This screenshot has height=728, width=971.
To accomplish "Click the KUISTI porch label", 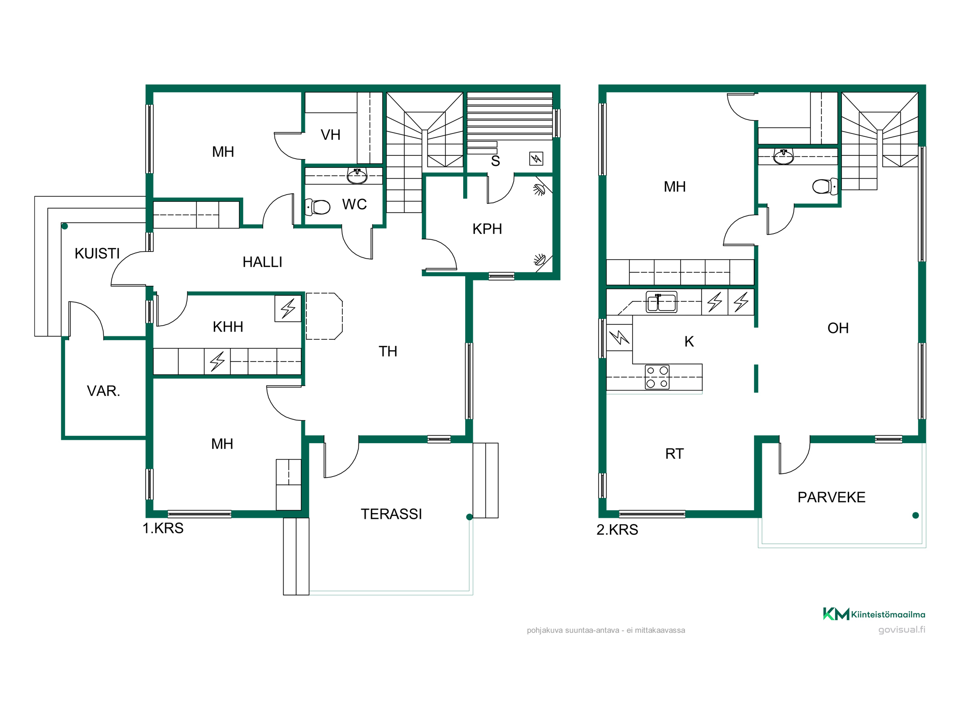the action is coord(97,253).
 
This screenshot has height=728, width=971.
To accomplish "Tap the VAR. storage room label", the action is coord(103,391).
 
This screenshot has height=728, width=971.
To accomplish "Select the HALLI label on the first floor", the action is coord(262,262).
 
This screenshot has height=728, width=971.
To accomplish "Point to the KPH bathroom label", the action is coord(487,229).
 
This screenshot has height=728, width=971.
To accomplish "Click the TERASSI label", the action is coord(391,514).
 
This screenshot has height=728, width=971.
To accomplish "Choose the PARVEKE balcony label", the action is coord(831,497).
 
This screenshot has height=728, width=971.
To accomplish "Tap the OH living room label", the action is coord(838,328).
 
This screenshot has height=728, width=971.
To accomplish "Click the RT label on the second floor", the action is coord(674,454).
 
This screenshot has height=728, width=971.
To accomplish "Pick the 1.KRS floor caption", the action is coord(163,528).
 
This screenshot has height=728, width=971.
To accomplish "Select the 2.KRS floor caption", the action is coord(617,529).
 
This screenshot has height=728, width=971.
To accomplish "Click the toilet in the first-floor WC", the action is coord(318,207).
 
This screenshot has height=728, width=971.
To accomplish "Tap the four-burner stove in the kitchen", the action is coord(657,377).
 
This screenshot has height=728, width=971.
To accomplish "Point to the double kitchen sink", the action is coord(661,302).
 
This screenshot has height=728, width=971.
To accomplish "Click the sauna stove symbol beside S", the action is coord(536,159).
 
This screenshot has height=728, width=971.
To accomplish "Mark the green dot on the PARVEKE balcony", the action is coord(916,515).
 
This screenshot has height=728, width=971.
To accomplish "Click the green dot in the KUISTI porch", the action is coord(65,226).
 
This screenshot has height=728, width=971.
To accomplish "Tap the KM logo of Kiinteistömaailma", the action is coord(836,614).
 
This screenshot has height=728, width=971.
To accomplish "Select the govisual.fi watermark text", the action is coord(902,629).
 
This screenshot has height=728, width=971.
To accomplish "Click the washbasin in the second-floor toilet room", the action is coord(784,156).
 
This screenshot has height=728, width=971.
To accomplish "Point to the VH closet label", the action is coord(331,135).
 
